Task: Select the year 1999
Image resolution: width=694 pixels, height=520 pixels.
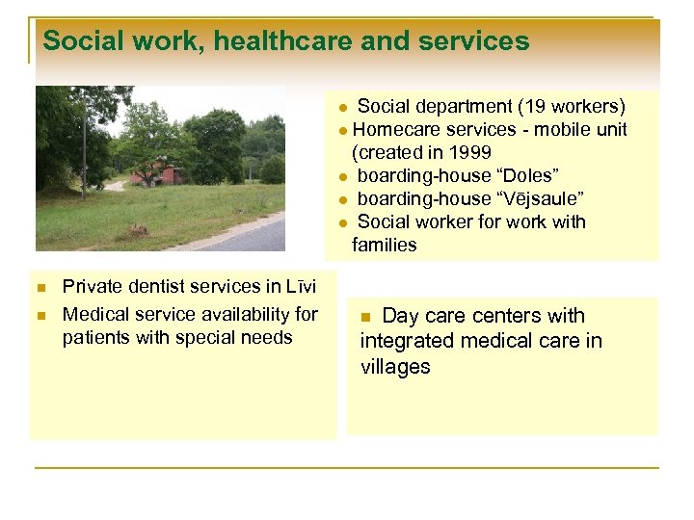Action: pyautogui.click(x=470, y=152)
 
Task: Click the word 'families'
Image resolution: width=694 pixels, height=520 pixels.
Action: pyautogui.click(x=385, y=245)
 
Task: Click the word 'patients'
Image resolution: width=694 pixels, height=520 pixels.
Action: pyautogui.click(x=95, y=338)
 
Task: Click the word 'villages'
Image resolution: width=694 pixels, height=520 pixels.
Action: pyautogui.click(x=395, y=367)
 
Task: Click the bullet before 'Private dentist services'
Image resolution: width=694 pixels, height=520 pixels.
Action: pyautogui.click(x=40, y=288)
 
